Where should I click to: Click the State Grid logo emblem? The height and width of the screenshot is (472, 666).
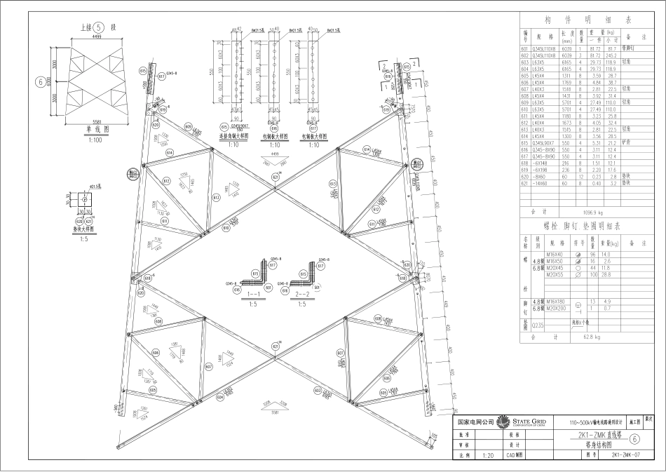(502, 422)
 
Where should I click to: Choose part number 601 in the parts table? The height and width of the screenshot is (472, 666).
(524, 48)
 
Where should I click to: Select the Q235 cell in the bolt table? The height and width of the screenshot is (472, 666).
(538, 325)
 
